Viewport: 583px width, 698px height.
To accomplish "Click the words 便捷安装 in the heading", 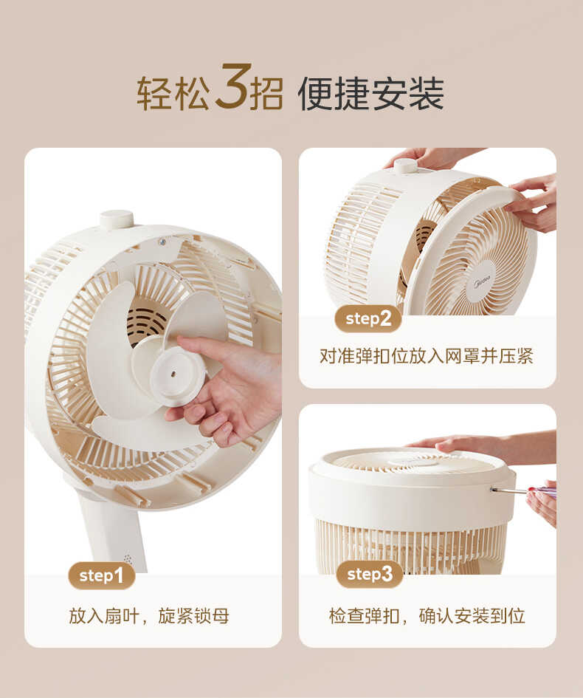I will (x=370, y=94).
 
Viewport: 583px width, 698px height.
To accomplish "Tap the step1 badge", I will (x=102, y=575).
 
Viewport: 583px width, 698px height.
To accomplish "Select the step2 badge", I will (x=368, y=318).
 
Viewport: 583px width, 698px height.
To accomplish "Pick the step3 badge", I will (x=369, y=574).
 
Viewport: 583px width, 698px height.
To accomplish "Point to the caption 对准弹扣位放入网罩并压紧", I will (x=427, y=357).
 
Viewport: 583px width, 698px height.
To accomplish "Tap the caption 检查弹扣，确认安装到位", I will (x=427, y=616).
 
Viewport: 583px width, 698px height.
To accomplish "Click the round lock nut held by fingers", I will (x=178, y=376).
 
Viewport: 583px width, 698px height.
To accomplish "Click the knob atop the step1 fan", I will (x=117, y=219).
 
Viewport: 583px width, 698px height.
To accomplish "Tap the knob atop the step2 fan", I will (x=405, y=165).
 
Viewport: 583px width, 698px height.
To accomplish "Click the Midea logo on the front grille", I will (x=481, y=282).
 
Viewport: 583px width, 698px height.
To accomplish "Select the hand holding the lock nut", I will (x=236, y=384).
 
